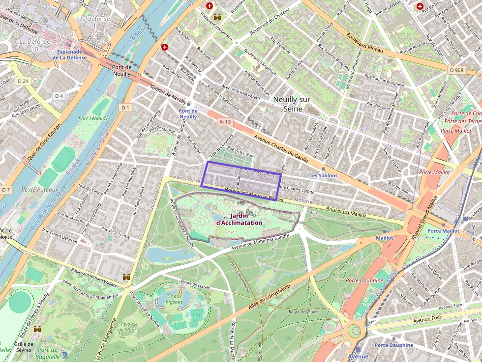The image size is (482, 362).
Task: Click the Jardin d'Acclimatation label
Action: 239,219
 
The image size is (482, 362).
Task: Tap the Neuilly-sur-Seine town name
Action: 293,104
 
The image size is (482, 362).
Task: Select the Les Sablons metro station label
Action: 323,175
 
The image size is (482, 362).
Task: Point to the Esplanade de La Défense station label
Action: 71,55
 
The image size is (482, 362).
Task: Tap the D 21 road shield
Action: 23,81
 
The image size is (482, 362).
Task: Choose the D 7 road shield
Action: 6,190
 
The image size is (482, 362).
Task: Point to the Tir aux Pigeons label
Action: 175,299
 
